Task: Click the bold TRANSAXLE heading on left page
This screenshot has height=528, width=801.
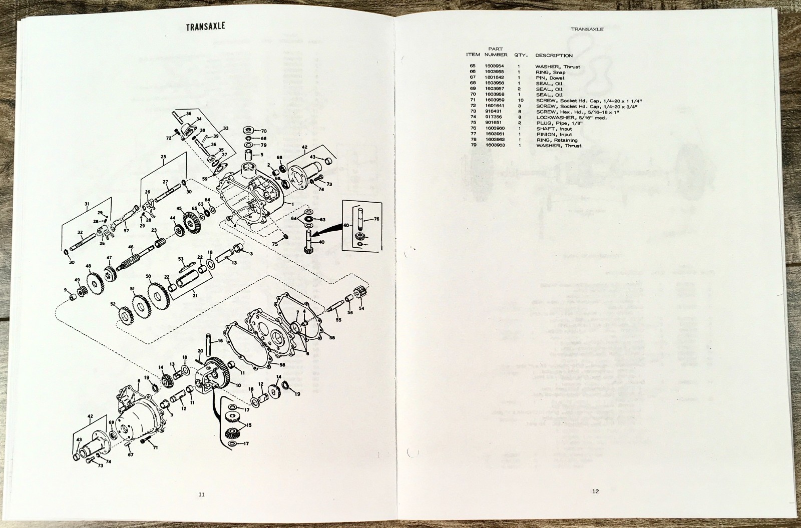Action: coord(205,28)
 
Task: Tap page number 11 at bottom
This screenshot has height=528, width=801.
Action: coord(202,494)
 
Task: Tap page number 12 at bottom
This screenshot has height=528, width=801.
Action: coord(595,491)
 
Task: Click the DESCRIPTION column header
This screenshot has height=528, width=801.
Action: coord(554,55)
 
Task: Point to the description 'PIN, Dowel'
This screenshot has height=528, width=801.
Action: coord(550,78)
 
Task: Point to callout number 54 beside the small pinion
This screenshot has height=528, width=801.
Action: coord(361,308)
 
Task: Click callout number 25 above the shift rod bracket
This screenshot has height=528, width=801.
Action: coord(163,157)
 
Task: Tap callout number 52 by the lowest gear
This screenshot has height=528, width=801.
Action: coord(113,304)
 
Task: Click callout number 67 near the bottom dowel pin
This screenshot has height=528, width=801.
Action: coord(131,454)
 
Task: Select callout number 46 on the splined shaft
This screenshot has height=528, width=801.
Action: coord(131,247)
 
